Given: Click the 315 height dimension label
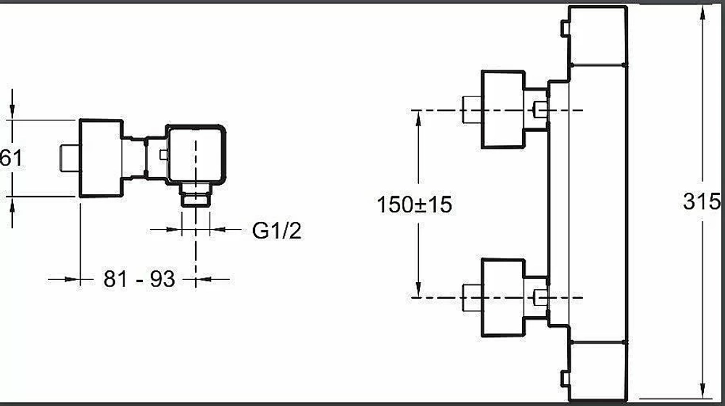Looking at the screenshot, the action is point(702,202).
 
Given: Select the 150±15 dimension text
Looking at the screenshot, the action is point(414,204).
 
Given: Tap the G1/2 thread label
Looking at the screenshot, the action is point(277,231).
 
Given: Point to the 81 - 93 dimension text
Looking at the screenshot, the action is point(139,279).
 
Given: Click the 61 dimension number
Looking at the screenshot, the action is point(11,157).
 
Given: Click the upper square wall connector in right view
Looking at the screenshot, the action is point(503,109).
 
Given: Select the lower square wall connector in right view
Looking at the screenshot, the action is point(503,298).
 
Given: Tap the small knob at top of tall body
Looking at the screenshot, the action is point(565,29).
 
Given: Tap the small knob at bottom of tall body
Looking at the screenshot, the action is point(565,378).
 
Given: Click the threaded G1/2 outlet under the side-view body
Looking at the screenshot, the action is point(196,195).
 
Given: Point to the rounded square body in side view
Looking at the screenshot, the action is point(196,154).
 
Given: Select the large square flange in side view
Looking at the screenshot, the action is point(101,158).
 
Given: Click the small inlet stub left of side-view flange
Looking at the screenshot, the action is point(70,158).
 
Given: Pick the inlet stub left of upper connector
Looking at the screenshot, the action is point(472,109).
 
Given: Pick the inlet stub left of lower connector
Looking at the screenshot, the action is point(472,298).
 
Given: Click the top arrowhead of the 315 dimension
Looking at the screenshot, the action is point(703,13).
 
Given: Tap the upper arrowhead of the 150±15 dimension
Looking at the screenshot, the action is point(418,118).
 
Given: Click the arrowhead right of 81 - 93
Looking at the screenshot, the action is point(204,279).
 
